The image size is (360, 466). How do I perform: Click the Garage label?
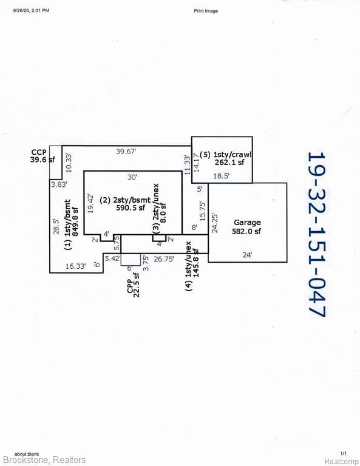[x=247, y=223]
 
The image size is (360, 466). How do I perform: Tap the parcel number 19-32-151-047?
[x=317, y=235]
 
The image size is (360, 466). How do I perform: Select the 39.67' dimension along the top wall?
[x=126, y=151]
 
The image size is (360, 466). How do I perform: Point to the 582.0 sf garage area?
[x=246, y=231]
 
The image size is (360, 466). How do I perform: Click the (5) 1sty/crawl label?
[x=225, y=155]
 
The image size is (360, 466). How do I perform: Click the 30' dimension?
[x=132, y=177]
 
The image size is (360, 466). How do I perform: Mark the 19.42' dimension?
[x=91, y=203]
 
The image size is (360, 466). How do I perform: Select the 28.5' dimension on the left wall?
[x=56, y=226]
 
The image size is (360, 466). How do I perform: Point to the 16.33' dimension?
[x=75, y=266]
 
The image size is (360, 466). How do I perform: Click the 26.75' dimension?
[x=164, y=259]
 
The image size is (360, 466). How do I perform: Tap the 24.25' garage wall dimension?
[x=215, y=223]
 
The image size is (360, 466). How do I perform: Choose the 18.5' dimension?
[x=221, y=176]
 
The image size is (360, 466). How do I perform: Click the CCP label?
[x=39, y=152]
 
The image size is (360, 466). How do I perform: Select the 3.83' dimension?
[x=59, y=184]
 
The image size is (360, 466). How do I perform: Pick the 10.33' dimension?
[x=69, y=163]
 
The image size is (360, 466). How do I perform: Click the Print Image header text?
[x=206, y=11]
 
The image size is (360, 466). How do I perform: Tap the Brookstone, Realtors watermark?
[x=44, y=460]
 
